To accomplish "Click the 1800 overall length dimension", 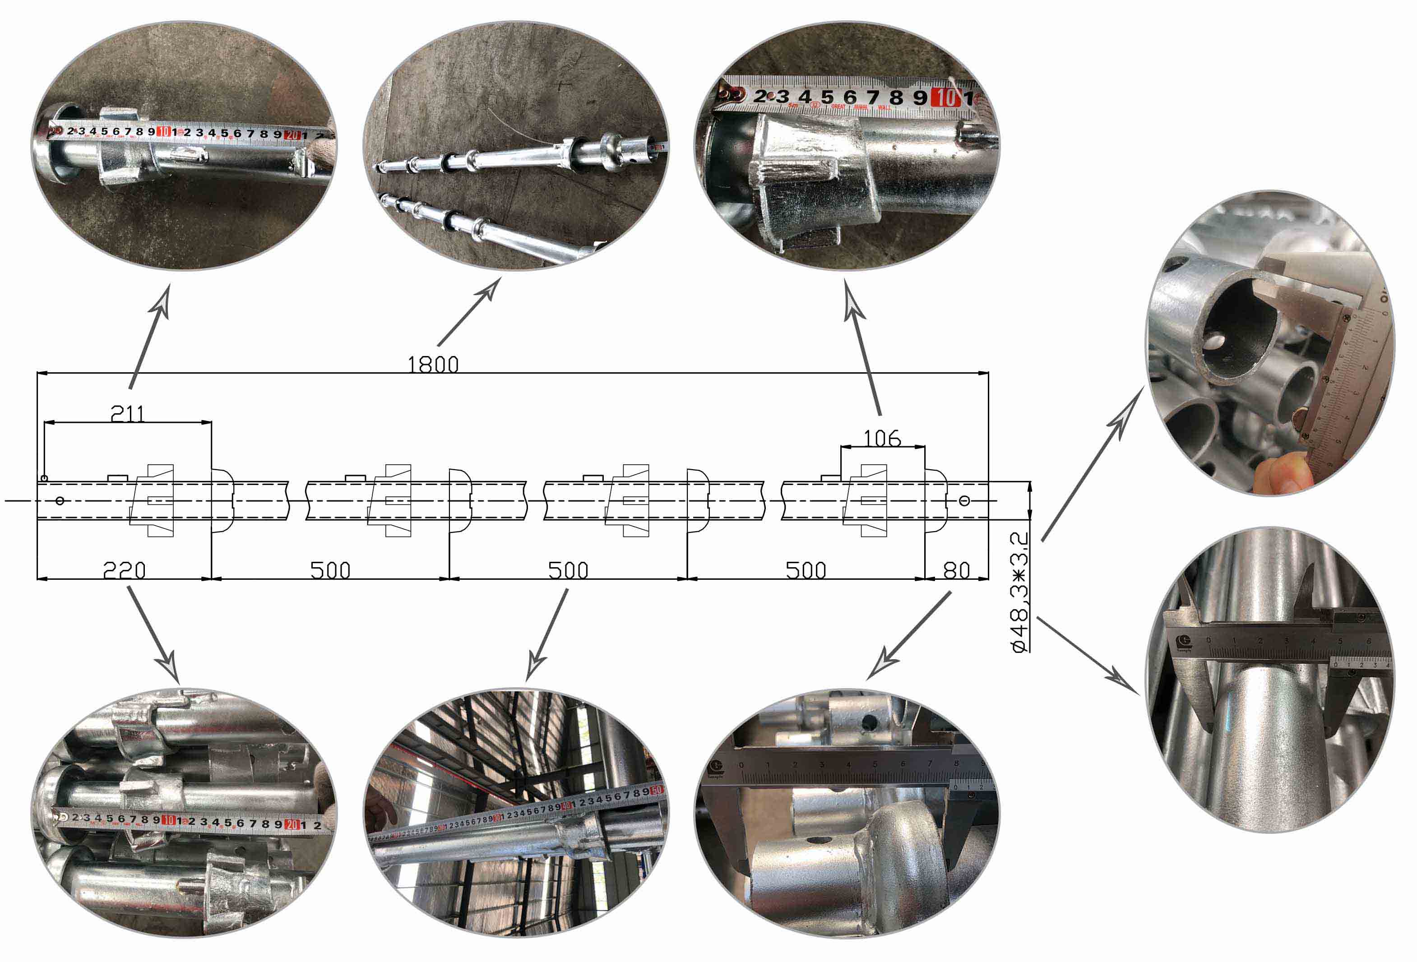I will click(x=432, y=365).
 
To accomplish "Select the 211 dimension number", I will click(x=127, y=415).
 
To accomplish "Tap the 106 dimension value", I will click(x=882, y=438).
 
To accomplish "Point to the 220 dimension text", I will click(x=125, y=571).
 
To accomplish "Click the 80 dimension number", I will click(x=956, y=571).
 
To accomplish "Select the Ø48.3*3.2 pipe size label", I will click(x=1020, y=592).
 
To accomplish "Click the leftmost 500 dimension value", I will click(x=330, y=571).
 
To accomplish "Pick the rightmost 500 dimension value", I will click(x=806, y=571).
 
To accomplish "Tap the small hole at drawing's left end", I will click(x=60, y=500).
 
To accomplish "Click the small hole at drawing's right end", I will click(x=963, y=500).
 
